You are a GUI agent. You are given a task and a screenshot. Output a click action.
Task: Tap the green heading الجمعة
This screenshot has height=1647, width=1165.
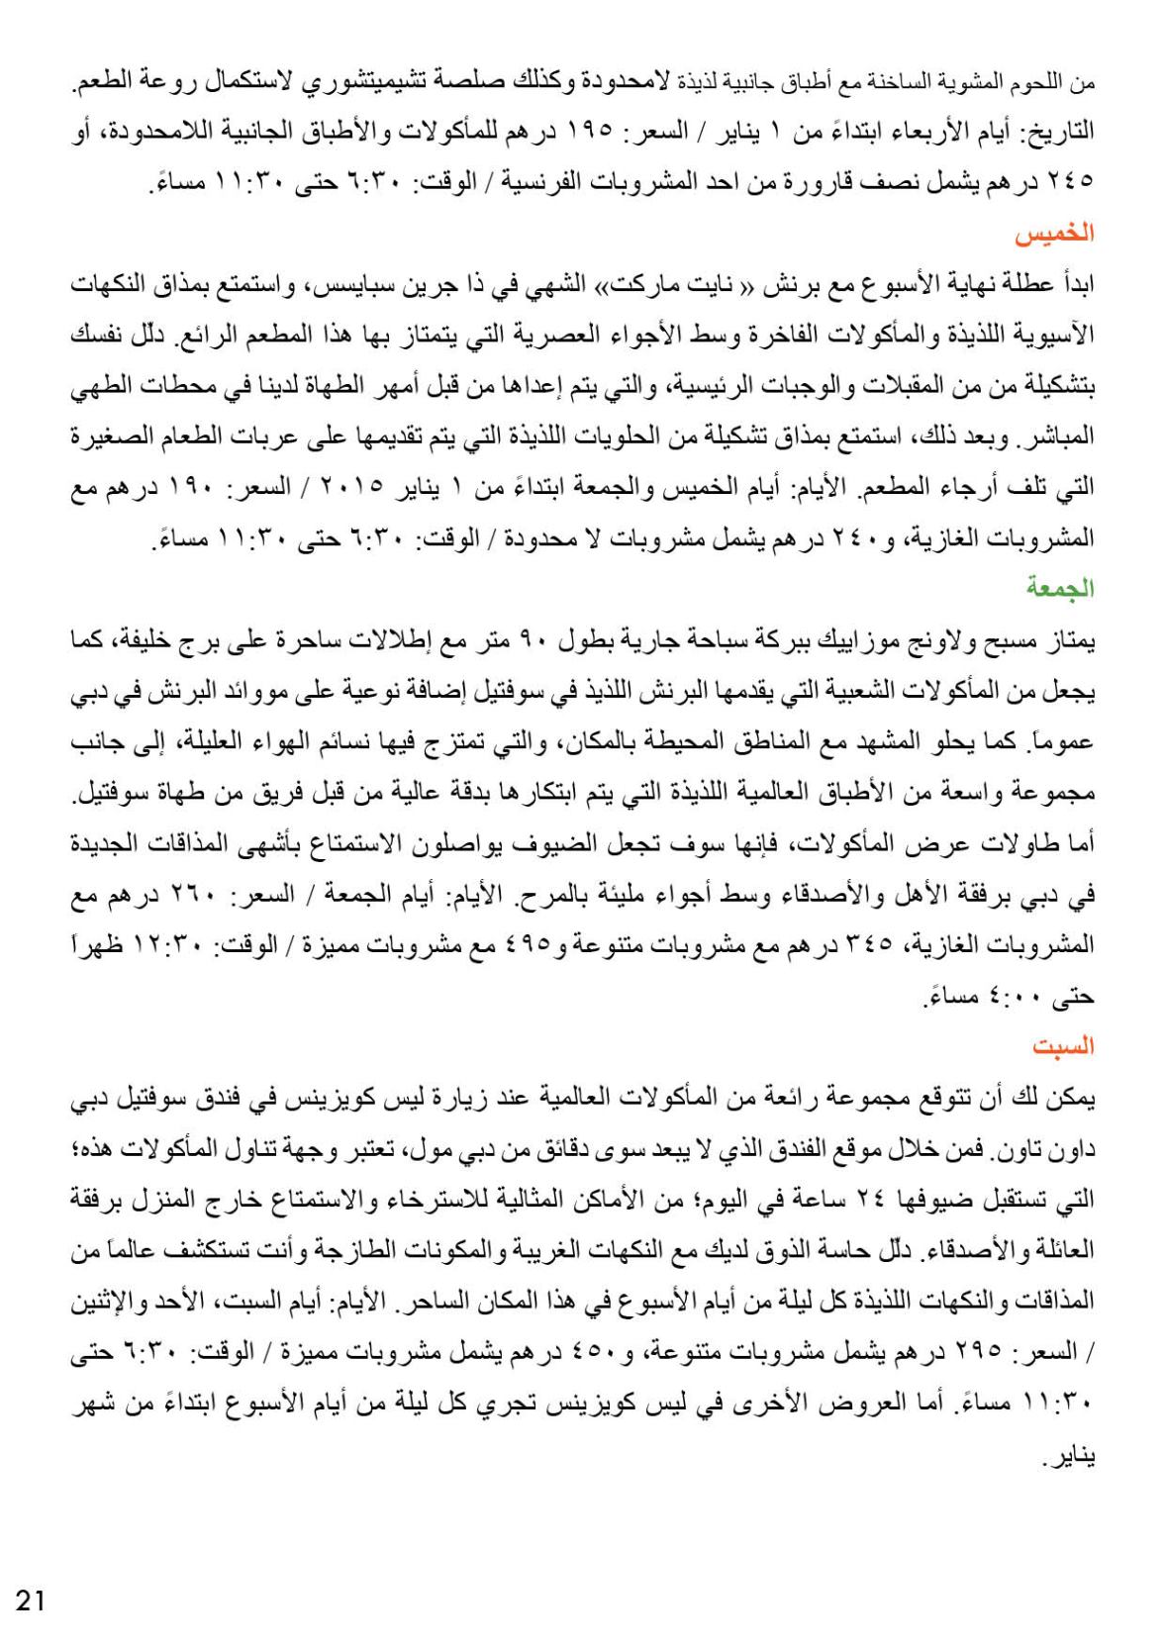pos(1065,589)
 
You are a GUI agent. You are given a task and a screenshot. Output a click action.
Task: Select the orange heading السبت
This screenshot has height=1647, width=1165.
pos(1067,1046)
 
